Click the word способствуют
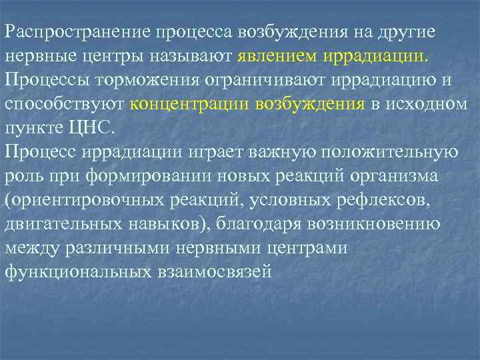(65, 105)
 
